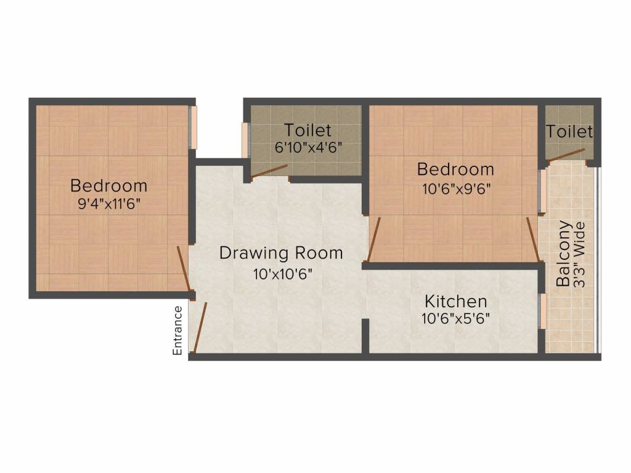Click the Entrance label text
coord(177,330)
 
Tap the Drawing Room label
coord(281,253)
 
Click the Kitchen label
coord(456,302)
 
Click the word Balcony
coord(563,253)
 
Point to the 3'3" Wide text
coord(579,253)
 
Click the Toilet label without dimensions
coord(569,132)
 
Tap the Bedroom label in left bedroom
coord(108,185)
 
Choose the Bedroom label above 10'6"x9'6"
coord(455,168)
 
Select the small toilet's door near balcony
coord(566,155)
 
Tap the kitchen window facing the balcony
coord(543,311)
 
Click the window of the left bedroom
coord(192,128)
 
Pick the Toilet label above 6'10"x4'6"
coord(307,131)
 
